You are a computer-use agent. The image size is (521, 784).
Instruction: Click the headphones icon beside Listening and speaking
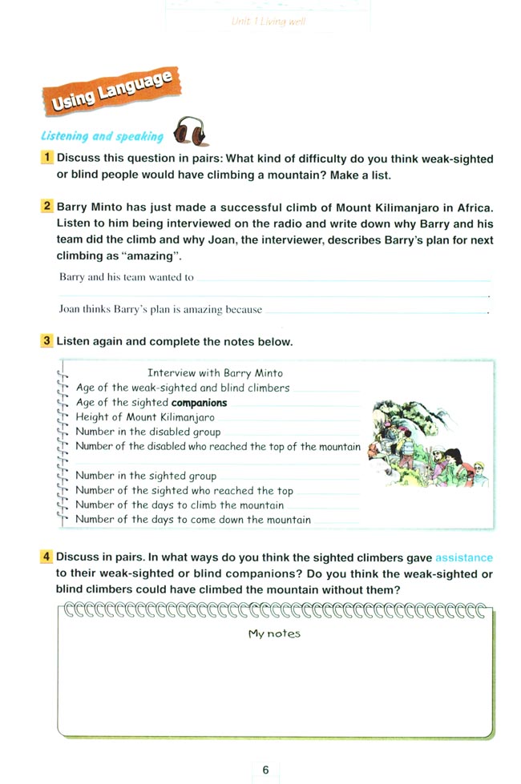tap(190, 131)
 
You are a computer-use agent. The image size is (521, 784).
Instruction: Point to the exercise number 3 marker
tap(49, 342)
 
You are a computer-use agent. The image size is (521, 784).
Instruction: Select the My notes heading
tap(274, 633)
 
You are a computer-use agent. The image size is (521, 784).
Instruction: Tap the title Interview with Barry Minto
tap(216, 373)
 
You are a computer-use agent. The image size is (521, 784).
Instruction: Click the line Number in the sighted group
tap(146, 476)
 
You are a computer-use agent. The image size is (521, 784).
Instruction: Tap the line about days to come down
tap(193, 520)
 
